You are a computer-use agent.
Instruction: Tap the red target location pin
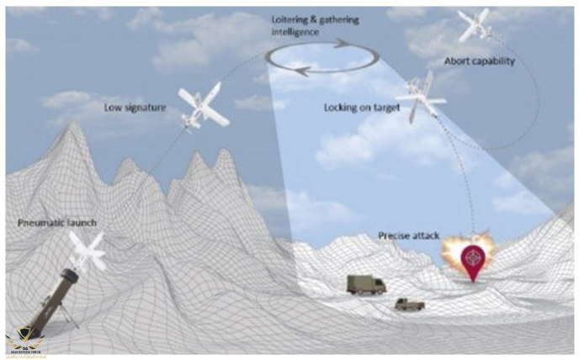click(x=476, y=262)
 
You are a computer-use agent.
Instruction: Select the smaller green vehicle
click(x=411, y=303)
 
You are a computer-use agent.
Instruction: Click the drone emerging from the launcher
click(x=88, y=250)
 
